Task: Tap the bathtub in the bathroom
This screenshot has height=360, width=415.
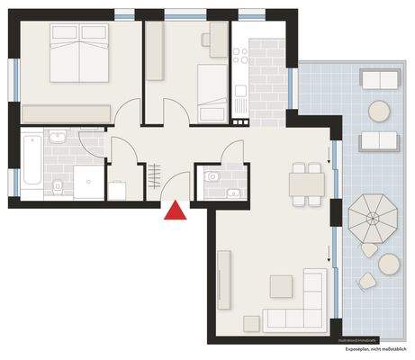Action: point(30,164)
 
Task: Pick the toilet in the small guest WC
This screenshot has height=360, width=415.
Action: point(212,177)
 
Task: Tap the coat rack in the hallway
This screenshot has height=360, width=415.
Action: point(155,170)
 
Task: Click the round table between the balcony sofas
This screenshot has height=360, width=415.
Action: point(379,111)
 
